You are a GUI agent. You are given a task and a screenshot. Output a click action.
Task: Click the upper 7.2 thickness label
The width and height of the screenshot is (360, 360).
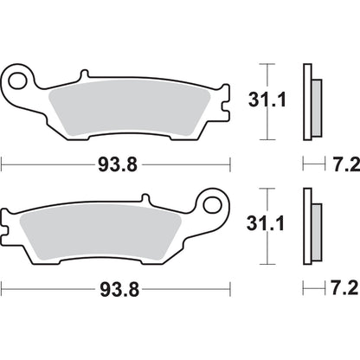(x=338, y=162)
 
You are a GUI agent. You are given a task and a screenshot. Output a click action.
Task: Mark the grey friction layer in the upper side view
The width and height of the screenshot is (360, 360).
(x=317, y=109)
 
